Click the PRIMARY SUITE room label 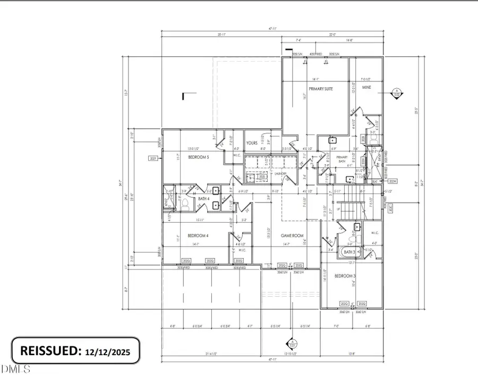pyautogui.click(x=321, y=89)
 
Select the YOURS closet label pyautogui.click(x=252, y=143)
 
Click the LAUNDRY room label pyautogui.click(x=280, y=173)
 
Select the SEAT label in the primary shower pyautogui.click(x=375, y=182)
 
